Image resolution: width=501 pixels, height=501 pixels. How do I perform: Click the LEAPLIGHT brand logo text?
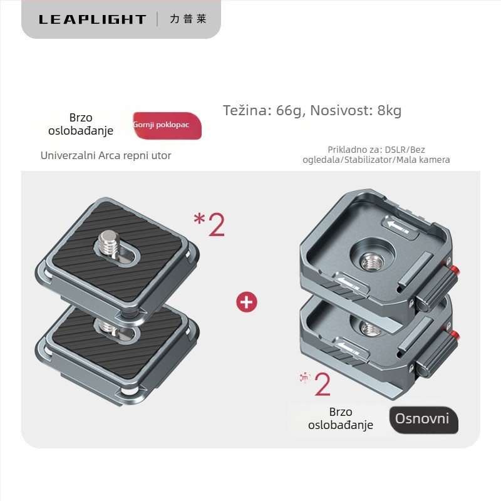pyautogui.click(x=92, y=19)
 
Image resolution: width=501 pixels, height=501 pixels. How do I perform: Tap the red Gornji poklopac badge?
pyautogui.click(x=167, y=125)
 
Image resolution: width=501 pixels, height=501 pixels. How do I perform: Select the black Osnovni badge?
pyautogui.click(x=423, y=420)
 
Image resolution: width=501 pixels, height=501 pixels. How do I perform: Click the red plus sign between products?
pyautogui.click(x=247, y=302)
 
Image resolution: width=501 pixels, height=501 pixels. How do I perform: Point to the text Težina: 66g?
pyautogui.click(x=261, y=111)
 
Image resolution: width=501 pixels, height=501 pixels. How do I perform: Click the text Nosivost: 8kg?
pyautogui.click(x=356, y=111)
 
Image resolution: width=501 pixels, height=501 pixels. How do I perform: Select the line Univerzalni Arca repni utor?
pyautogui.click(x=106, y=155)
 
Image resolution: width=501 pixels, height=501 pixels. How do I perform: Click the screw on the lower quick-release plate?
pyautogui.click(x=107, y=326)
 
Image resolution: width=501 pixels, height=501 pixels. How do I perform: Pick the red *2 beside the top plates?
pyautogui.click(x=209, y=224)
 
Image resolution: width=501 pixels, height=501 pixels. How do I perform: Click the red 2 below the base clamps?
pyautogui.click(x=323, y=385)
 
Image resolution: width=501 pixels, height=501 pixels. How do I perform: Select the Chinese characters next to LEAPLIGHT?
pyautogui.click(x=189, y=19)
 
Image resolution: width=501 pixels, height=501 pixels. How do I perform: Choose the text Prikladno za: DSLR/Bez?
pyautogui.click(x=376, y=150)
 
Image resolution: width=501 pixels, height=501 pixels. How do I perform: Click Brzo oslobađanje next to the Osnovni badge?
pyautogui.click(x=341, y=418)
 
